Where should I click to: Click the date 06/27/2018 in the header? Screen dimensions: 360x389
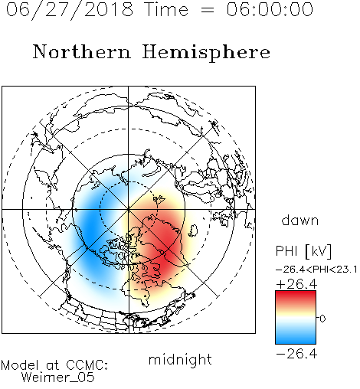pyautogui.click(x=70, y=10)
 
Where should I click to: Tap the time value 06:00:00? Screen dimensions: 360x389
pyautogui.click(x=270, y=9)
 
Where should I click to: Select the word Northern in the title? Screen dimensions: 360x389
pyautogui.click(x=82, y=51)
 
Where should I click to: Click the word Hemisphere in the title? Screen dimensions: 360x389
pyautogui.click(x=206, y=53)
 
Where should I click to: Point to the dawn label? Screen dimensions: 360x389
pyautogui.click(x=300, y=220)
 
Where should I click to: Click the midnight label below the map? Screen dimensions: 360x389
pyautogui.click(x=180, y=360)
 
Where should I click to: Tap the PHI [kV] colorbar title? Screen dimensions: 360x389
pyautogui.click(x=304, y=250)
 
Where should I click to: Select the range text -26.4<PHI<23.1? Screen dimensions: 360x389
pyautogui.click(x=316, y=270)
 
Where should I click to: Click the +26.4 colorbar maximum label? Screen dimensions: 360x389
pyautogui.click(x=297, y=284)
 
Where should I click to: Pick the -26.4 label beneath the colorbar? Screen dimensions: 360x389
pyautogui.click(x=296, y=354)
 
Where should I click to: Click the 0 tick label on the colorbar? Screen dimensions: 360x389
pyautogui.click(x=322, y=319)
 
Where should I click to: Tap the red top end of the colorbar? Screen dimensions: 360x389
pyautogui.click(x=296, y=293)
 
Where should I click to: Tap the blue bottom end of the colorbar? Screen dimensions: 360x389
pyautogui.click(x=296, y=341)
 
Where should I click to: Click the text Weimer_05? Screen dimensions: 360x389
pyautogui.click(x=58, y=378)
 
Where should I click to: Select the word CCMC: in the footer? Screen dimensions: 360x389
pyautogui.click(x=87, y=365)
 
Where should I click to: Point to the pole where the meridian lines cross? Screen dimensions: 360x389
pyautogui.click(x=129, y=209)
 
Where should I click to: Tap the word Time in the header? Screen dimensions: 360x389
pyautogui.click(x=166, y=10)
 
